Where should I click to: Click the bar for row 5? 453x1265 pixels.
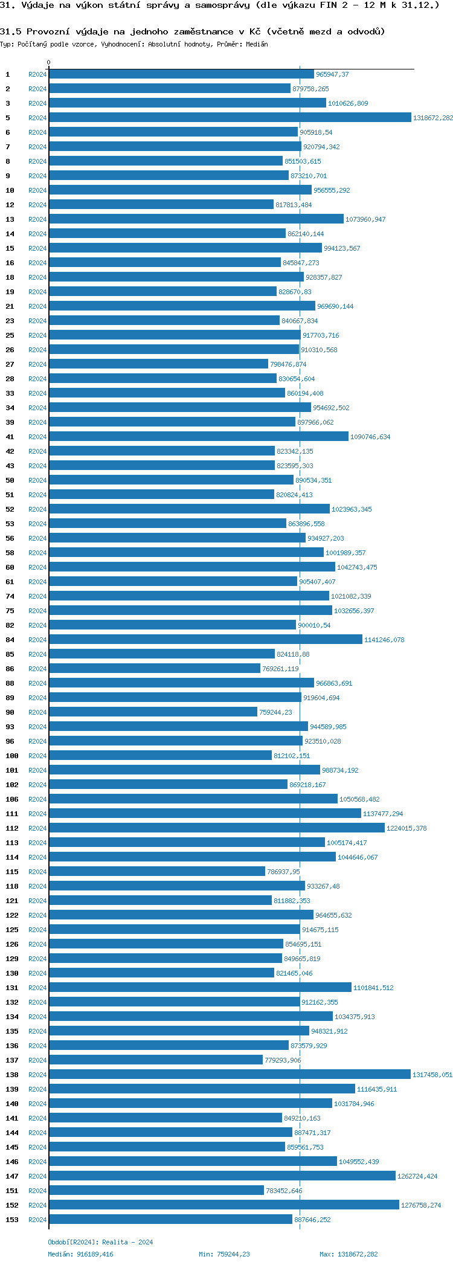230,118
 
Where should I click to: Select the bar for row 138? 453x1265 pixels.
230,1075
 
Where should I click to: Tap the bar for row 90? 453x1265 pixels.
153,712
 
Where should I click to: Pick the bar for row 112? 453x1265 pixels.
216,828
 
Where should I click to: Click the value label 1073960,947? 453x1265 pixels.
365,219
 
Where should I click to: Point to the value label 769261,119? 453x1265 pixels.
280,669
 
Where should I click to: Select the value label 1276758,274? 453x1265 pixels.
421,1205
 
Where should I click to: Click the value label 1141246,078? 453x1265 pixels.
384,640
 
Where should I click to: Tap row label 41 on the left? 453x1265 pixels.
10,437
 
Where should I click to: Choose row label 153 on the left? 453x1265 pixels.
12,1220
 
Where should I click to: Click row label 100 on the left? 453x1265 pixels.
12,756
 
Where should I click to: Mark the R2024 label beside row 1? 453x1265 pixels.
37,74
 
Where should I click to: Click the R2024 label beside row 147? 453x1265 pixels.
37,1176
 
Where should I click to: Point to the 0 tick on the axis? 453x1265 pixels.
49,63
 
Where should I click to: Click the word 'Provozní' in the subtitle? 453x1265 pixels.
47,31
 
